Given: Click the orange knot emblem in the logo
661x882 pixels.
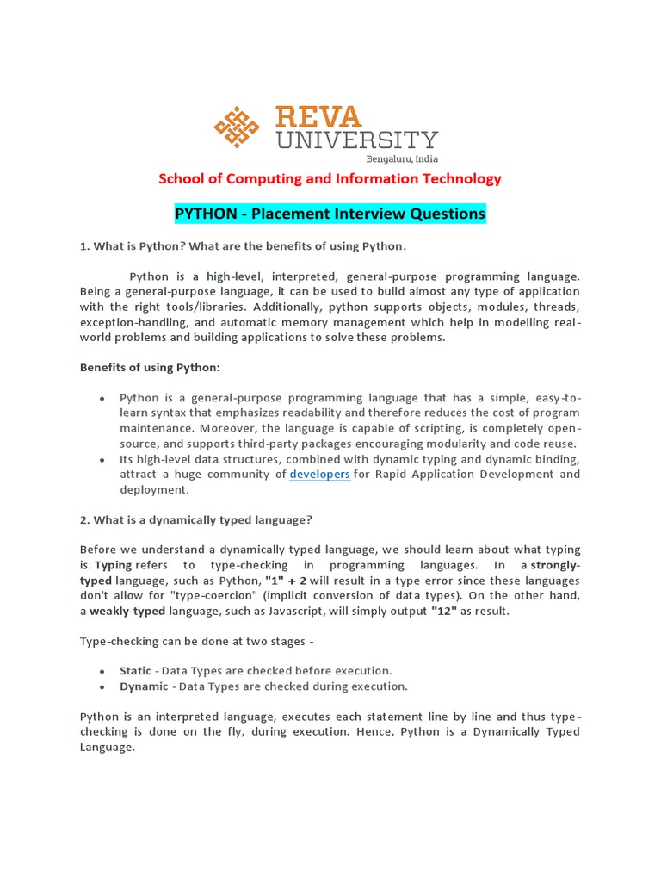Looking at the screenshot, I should tap(237, 127).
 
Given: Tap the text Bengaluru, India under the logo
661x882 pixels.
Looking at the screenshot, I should tap(402, 158).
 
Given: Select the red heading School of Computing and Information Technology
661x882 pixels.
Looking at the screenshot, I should tap(330, 179).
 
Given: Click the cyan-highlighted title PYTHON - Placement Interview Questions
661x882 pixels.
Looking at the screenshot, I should tap(330, 213).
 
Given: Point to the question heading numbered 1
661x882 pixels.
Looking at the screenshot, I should tap(242, 246).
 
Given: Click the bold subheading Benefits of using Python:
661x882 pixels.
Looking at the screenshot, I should tap(150, 367).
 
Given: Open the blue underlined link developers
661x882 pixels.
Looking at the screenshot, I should tap(319, 474).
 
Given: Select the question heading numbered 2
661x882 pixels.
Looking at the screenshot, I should tap(196, 519).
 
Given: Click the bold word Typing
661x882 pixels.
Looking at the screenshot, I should tap(113, 565).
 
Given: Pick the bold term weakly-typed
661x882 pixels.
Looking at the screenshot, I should tap(127, 611).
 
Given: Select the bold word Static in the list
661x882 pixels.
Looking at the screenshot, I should tap(135, 670).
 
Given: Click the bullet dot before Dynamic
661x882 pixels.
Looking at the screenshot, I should tap(102, 686).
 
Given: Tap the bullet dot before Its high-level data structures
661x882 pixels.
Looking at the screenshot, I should tap(102, 459).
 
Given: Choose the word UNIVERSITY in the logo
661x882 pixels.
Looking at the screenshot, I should tap(356, 140).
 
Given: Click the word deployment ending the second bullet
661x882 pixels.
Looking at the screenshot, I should tap(152, 489).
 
